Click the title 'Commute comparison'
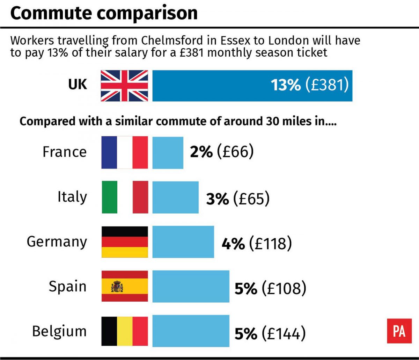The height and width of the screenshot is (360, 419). (104, 13)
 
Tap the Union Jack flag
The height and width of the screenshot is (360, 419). (124, 86)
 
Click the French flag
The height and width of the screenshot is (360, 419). (124, 153)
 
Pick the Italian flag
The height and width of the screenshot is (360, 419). (124, 197)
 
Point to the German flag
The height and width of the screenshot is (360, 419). (124, 242)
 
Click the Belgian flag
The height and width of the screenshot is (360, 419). (124, 331)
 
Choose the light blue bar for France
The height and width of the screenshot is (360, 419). (168, 153)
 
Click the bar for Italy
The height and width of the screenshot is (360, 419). (175, 197)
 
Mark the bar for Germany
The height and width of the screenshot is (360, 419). (183, 242)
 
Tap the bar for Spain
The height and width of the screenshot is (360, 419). (191, 286)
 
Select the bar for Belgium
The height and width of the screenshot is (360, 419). (191, 331)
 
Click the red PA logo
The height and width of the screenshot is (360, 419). (399, 331)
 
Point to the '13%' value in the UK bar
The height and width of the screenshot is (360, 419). (286, 85)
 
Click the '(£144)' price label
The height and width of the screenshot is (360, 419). (284, 333)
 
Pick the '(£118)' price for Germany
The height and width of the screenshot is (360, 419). (270, 244)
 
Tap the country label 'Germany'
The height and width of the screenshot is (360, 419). (57, 242)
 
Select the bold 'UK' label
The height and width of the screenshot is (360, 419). (78, 85)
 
